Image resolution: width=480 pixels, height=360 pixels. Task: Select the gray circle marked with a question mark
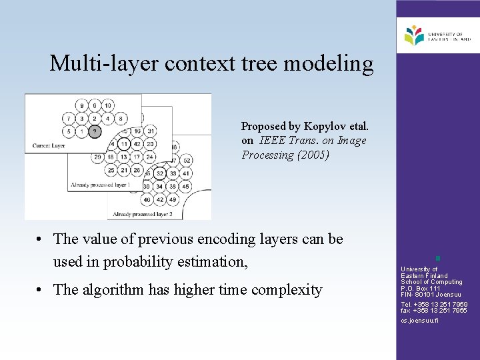95,131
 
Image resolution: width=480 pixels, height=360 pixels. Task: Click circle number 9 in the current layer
81,105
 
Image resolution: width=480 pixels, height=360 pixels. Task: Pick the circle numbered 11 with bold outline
124,144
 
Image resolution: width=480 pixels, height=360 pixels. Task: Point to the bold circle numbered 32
159,173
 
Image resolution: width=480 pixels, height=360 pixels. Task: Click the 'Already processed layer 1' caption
101,185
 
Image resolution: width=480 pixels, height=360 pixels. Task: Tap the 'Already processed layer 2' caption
143,214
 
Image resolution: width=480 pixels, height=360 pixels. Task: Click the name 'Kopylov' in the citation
327,126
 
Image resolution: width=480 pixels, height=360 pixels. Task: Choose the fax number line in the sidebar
434,311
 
